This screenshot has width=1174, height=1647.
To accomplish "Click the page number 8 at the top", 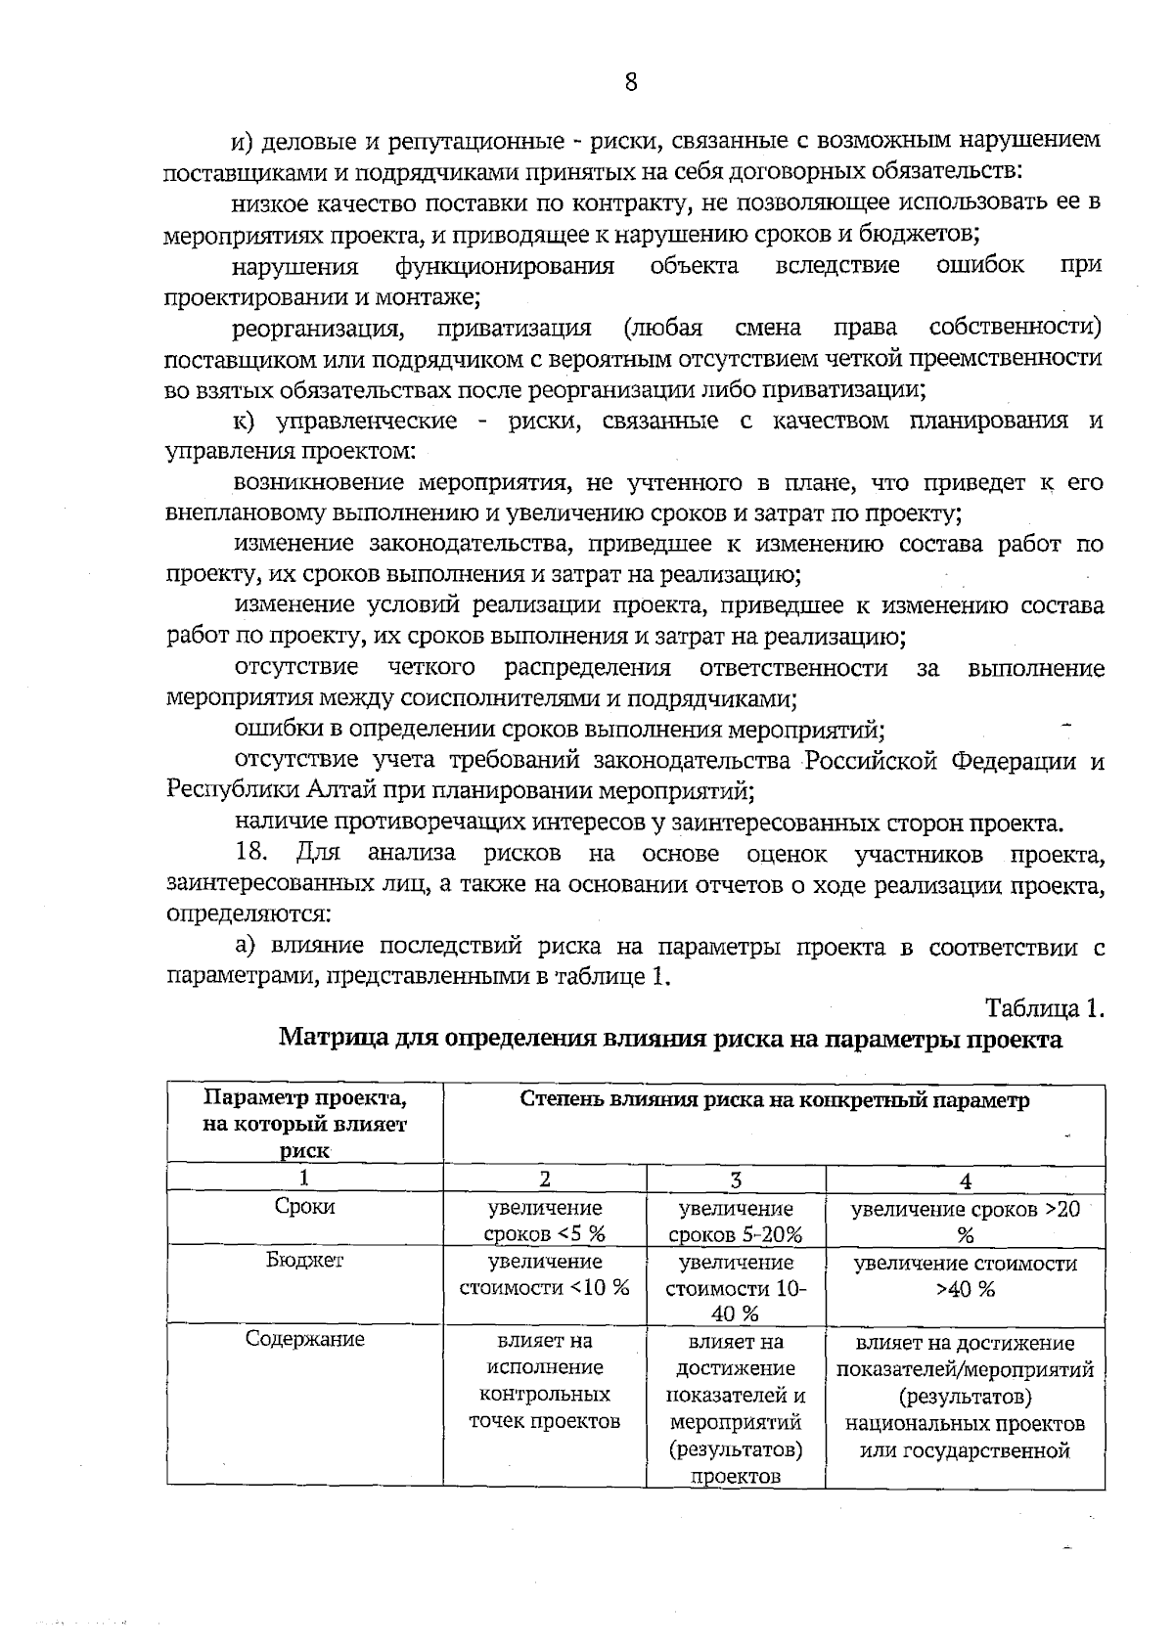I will pos(630,82).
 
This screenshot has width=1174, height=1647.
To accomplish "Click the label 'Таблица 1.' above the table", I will pos(1044,1008).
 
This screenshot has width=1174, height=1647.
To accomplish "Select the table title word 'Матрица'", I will pos(334,1039).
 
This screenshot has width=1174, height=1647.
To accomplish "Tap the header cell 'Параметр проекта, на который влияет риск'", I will pos(304,1124).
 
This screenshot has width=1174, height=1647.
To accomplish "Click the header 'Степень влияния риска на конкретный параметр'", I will pos(774,1100).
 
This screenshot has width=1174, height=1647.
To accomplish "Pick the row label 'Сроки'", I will pos(304,1207).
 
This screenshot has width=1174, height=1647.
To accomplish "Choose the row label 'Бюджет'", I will pos(304,1261).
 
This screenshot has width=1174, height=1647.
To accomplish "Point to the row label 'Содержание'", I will pos(304,1339).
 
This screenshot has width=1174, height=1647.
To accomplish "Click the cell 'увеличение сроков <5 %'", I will pos(545,1221).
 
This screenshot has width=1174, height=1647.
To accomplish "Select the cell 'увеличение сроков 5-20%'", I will pos(736,1221).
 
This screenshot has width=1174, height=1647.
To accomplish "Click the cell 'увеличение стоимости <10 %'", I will pos(545,1274).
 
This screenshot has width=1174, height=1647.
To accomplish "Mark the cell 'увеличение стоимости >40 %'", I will pos(965,1275).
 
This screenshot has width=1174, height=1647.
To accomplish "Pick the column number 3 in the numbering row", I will pos(736,1180).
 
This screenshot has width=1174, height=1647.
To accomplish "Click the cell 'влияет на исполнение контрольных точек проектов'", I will pos(545,1380).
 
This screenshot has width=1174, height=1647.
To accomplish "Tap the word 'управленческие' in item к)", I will pos(368,422).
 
